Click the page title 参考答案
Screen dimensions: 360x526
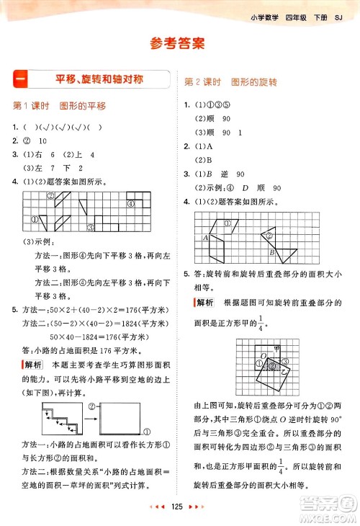click(179, 43)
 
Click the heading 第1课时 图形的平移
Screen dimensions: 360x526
click(59, 106)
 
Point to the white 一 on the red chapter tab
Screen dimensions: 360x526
click(19, 78)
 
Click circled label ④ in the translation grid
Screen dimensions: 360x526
click(131, 204)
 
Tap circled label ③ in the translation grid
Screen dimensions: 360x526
click(91, 228)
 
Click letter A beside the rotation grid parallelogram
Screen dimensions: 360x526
click(206, 238)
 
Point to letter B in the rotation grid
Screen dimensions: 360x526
click(271, 253)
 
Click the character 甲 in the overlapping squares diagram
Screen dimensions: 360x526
click(276, 347)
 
